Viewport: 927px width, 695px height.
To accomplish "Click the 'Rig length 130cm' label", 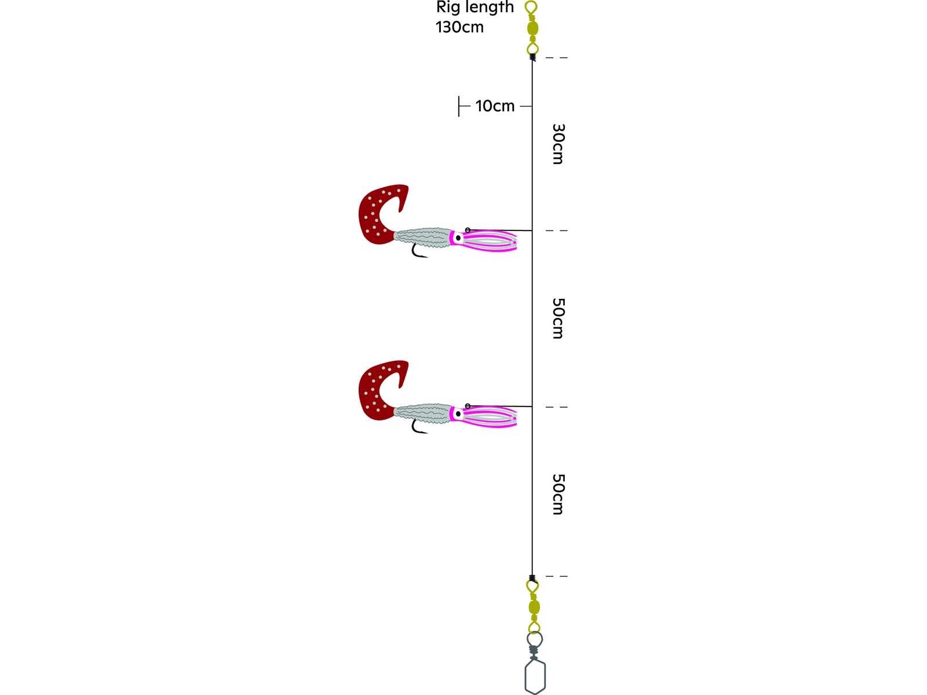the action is click(475, 17).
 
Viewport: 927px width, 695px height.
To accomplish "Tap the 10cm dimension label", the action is click(495, 106).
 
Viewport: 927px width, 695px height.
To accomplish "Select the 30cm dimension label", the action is click(558, 144).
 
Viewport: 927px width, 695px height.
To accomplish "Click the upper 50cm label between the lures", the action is click(558, 319).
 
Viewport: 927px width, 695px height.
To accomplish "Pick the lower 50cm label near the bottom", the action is click(558, 494).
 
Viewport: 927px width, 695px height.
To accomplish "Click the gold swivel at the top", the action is click(532, 28).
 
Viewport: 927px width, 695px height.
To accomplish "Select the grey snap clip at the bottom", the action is click(535, 663).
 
